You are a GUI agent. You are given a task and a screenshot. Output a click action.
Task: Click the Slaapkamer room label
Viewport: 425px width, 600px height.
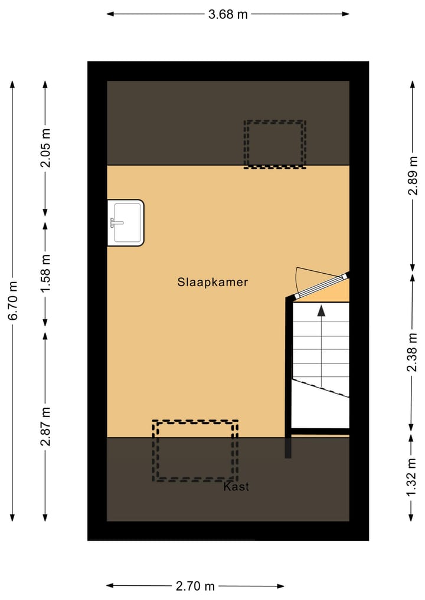click(212, 282)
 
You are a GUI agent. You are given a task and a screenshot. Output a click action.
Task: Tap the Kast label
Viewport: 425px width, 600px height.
click(236, 487)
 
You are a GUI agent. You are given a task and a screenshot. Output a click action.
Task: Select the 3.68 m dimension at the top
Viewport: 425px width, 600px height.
click(228, 15)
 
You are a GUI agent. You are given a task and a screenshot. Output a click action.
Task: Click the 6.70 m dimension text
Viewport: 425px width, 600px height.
click(13, 300)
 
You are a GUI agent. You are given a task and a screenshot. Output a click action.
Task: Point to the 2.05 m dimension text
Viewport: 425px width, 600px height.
click(45, 148)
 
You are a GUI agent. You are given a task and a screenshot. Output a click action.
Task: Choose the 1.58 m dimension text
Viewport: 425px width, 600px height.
click(45, 273)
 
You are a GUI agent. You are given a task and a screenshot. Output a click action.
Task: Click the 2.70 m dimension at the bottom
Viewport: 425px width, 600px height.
click(195, 586)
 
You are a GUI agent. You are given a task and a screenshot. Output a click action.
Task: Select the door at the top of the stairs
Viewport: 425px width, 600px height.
click(322, 286)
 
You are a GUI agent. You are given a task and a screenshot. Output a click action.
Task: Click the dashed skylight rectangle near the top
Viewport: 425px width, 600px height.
click(275, 144)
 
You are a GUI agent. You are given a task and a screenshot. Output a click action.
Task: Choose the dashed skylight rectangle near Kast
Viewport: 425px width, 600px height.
click(195, 450)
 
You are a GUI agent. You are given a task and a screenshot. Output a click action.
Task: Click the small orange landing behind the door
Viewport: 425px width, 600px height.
click(340, 291)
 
